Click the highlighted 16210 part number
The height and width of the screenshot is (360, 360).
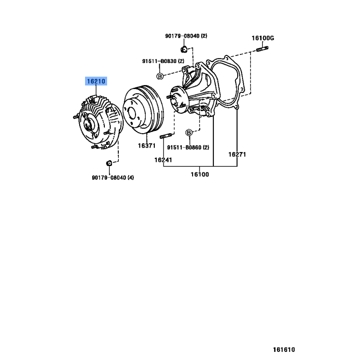[96, 81]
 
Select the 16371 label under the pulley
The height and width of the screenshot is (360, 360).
[147, 146]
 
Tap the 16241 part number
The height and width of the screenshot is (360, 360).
[163, 160]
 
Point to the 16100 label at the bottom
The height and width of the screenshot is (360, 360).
[200, 175]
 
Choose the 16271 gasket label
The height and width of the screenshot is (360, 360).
[237, 154]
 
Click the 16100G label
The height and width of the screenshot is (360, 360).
[263, 38]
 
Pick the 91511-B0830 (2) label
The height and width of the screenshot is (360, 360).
[163, 61]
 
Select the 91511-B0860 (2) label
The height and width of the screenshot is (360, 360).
[188, 148]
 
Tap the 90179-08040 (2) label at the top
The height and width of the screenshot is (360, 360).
[186, 36]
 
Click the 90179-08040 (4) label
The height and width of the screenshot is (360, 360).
[113, 177]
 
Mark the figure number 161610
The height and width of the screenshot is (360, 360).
[284, 350]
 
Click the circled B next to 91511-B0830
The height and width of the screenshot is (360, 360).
[160, 76]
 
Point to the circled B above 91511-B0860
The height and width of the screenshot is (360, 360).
[189, 132]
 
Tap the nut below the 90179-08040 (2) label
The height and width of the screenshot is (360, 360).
[184, 49]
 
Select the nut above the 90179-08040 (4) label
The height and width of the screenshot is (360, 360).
[109, 163]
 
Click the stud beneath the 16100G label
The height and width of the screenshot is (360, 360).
[262, 49]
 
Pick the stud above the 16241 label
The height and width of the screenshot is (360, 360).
[166, 136]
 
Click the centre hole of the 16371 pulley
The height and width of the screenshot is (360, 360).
[132, 113]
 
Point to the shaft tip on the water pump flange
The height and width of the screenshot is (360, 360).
[174, 100]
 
